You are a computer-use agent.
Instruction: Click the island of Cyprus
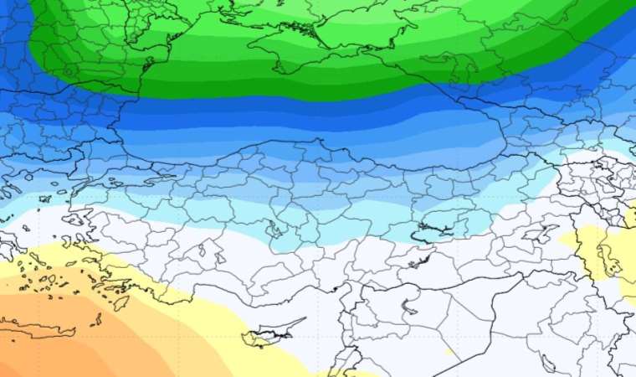(264, 337)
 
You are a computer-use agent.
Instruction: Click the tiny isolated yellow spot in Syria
(449, 351)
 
